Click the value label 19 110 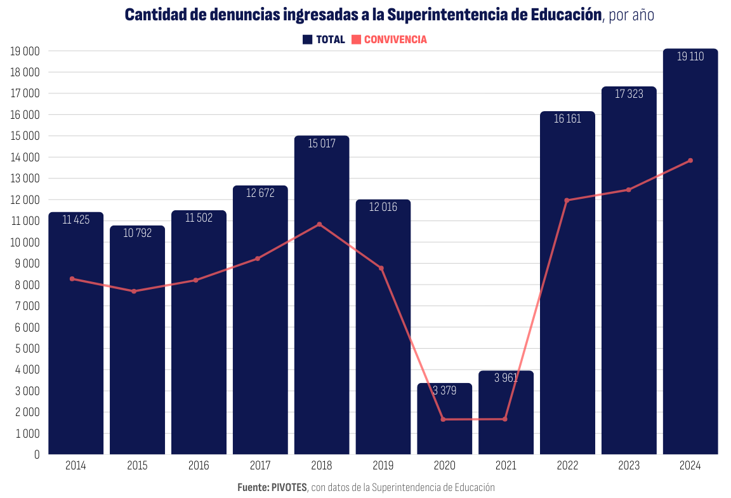[690, 57]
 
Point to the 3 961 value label [506, 378]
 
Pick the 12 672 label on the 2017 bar [260, 193]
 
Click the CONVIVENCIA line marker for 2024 [690, 161]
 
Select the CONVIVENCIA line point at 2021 [505, 419]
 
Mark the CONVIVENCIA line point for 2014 [72, 279]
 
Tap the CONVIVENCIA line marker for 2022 [567, 201]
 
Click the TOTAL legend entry [324, 39]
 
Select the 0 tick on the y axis [36, 455]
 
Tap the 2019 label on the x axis [383, 466]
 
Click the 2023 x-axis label [629, 466]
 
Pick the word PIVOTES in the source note [289, 487]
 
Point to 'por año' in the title [631, 15]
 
